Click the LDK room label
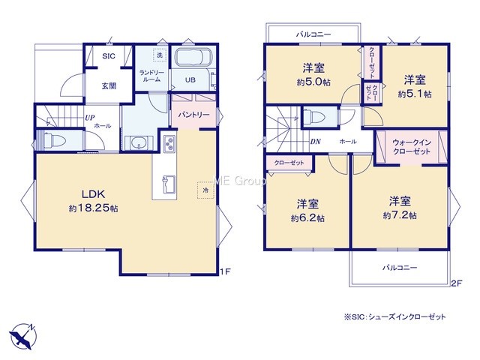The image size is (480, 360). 93,193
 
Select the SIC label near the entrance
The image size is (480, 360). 109,56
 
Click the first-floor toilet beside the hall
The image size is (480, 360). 55,141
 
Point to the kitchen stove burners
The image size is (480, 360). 169,144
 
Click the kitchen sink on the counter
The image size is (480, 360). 169,184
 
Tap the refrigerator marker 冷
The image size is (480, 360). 205,190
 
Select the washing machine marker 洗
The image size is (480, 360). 160,55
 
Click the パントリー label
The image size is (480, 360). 193,115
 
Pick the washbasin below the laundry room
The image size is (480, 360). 139,143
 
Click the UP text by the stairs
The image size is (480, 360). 90,118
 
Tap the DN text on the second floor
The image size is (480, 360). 315,142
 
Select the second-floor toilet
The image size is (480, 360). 316,117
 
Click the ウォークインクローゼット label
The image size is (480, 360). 412,147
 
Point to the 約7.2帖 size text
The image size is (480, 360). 400,215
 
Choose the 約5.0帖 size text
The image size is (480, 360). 313,82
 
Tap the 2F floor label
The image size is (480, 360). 456,283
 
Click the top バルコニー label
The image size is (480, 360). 313,34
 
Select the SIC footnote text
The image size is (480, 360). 395,317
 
